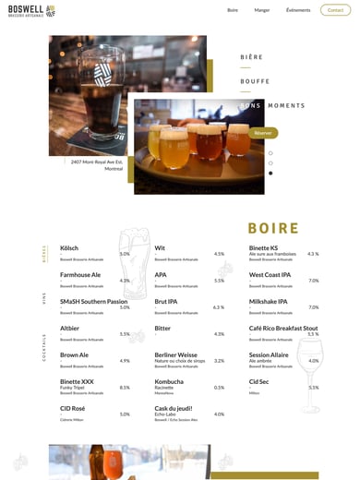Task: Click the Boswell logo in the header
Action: coord(30,10)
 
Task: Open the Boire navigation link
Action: coord(233,10)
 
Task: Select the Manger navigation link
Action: coord(262,10)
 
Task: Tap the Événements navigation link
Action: coord(298,10)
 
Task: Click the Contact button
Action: coord(335,10)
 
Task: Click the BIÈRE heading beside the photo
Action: coord(251,57)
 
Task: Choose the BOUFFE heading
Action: coord(255,81)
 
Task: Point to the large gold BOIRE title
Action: coord(273,228)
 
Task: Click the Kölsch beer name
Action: coord(69,247)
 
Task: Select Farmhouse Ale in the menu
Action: coord(80,274)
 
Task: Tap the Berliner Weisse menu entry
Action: coord(175,354)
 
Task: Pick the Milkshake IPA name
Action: coord(269,301)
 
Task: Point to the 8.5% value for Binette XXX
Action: coord(125,388)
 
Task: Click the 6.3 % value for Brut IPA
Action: coord(219,307)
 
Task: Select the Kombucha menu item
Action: coord(169,381)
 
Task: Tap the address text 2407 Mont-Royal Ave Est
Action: coord(97,162)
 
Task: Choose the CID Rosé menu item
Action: coord(72,408)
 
